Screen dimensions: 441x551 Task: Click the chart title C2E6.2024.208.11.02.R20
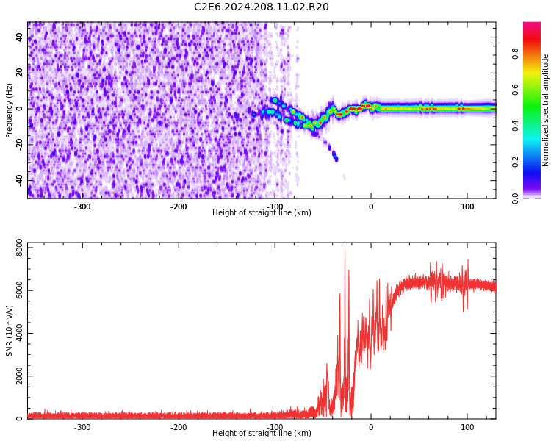[x=262, y=7]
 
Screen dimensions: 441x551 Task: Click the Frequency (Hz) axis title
[x=10, y=110]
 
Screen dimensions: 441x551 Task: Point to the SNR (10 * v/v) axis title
[x=10, y=330]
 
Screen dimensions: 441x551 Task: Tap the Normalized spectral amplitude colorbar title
[x=546, y=110]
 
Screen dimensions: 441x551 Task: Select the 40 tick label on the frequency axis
[x=20, y=37]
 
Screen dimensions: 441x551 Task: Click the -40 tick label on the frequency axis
[x=18, y=180]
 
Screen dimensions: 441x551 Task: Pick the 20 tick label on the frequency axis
[x=20, y=73]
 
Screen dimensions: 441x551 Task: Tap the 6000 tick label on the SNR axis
[x=15, y=291]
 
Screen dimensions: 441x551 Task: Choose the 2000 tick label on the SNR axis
[x=15, y=376]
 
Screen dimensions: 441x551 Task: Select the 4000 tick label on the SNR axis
[x=15, y=334]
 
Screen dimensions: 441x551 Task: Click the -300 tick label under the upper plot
[x=82, y=207]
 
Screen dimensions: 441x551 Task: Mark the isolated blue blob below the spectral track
[x=335, y=156]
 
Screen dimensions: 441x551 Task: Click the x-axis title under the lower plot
[x=262, y=434]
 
